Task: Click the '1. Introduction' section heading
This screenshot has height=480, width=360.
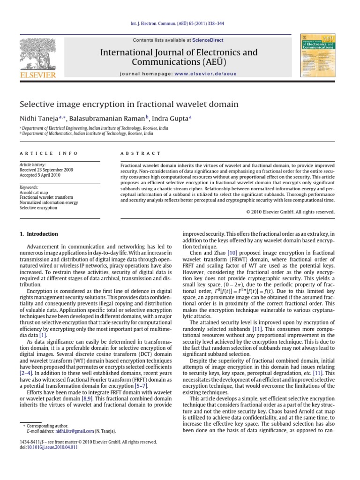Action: point(39,234)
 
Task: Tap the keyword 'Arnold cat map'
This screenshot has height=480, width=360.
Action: point(34,193)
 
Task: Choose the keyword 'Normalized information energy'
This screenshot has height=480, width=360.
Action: point(49,203)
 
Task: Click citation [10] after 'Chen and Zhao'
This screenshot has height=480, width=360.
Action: point(218,253)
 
